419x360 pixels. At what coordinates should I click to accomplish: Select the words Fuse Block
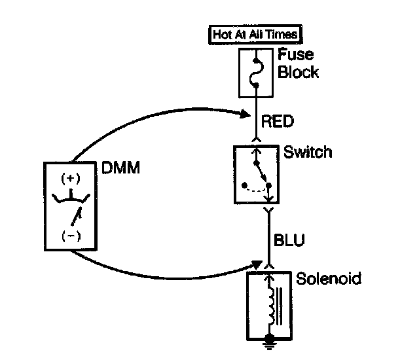click(298, 63)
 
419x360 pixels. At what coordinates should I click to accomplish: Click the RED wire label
click(278, 120)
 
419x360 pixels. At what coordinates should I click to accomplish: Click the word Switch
click(308, 153)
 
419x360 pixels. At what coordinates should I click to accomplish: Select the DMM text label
click(121, 168)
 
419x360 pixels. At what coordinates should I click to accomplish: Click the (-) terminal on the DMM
click(69, 236)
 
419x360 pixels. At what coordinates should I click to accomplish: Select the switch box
click(257, 173)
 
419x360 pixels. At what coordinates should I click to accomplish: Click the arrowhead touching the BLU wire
click(250, 266)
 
